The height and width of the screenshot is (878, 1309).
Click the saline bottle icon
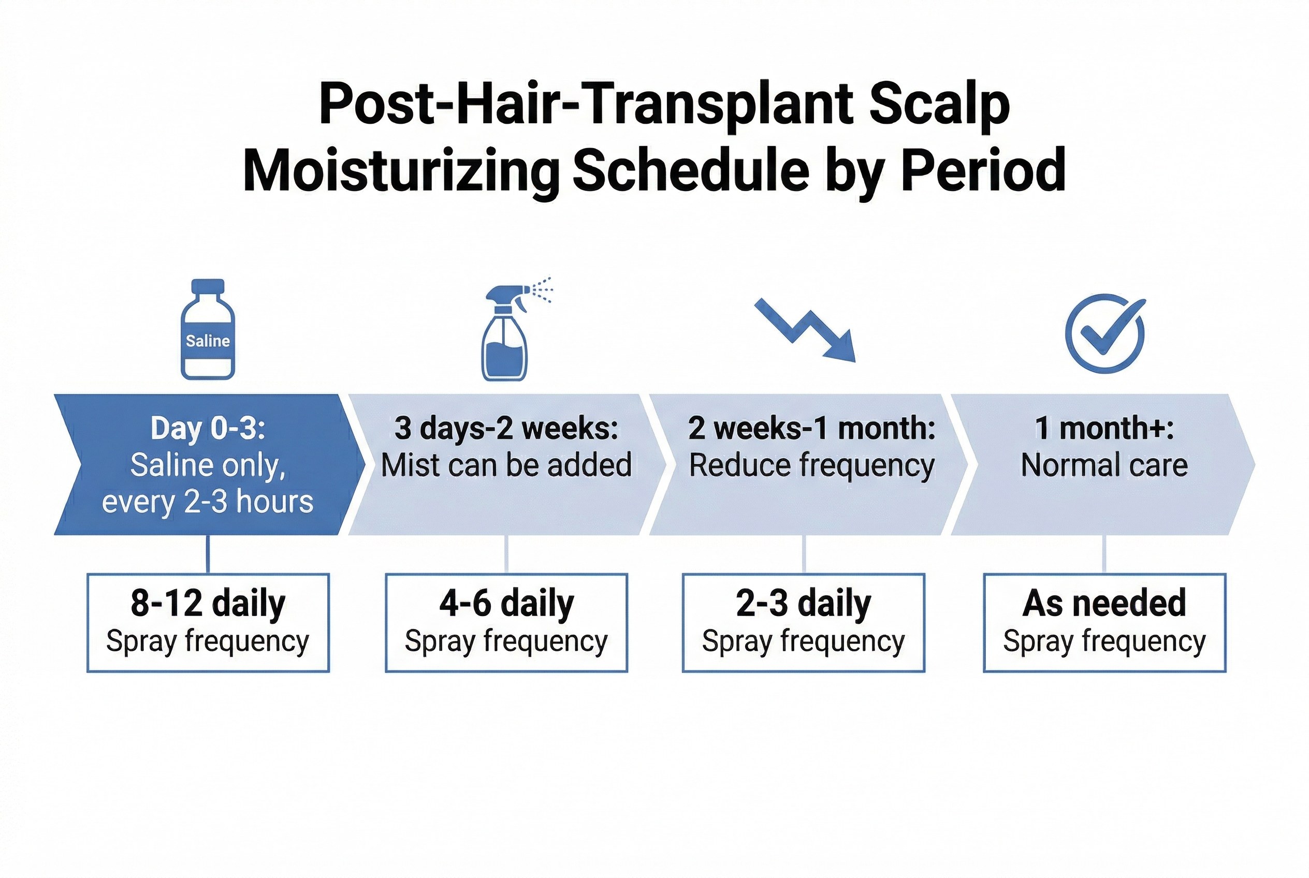tap(208, 329)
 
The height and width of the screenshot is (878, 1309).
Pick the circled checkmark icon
tap(1105, 333)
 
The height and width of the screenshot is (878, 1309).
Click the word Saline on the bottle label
tap(208, 341)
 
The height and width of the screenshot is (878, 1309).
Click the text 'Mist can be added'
tap(506, 465)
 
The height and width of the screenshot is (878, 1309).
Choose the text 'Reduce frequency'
tap(811, 466)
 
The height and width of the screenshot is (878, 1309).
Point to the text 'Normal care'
tap(1104, 465)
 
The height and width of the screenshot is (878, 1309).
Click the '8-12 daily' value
tap(208, 604)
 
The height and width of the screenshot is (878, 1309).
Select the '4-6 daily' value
tap(506, 604)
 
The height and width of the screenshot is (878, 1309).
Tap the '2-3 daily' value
tap(803, 604)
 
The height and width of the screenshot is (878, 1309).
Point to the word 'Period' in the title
tap(983, 170)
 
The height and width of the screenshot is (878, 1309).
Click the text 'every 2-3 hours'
tap(208, 502)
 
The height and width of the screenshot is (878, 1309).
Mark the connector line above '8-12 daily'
tap(208, 554)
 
